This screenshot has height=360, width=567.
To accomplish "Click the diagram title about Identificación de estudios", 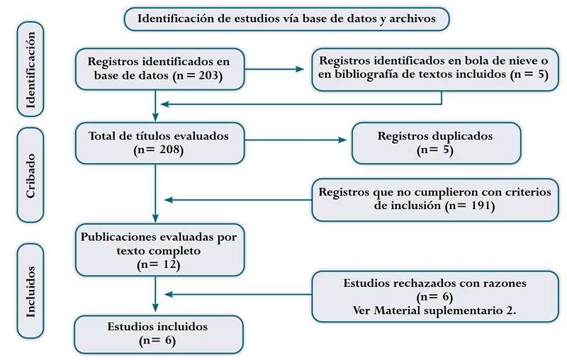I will point(286,19).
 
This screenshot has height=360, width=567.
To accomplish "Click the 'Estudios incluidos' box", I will point(159,334).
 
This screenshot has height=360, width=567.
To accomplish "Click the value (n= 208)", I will point(158,150).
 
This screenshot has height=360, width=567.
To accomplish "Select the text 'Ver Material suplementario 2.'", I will point(434,310).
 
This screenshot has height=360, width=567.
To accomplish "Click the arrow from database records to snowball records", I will point(276,69).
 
